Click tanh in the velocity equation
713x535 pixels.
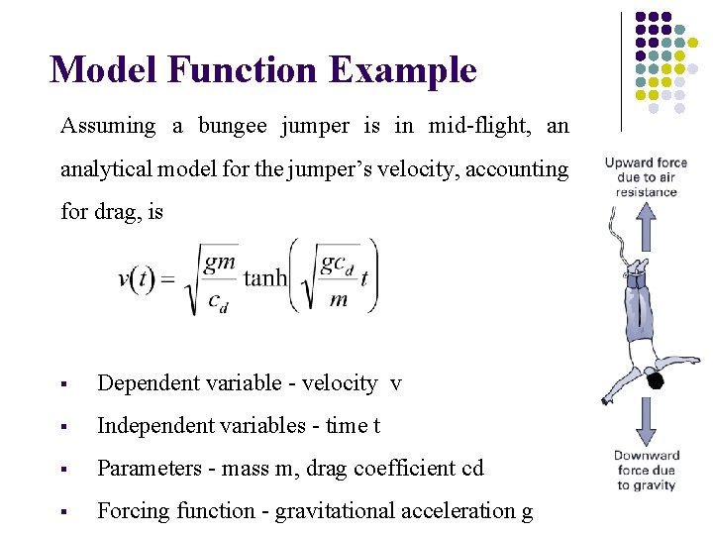tap(264, 277)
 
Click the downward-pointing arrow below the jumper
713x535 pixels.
tap(644, 421)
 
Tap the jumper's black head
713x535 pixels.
tap(655, 379)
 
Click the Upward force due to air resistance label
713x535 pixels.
tap(646, 177)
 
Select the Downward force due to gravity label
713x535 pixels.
tap(646, 471)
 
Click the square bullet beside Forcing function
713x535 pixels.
tap(63, 512)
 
